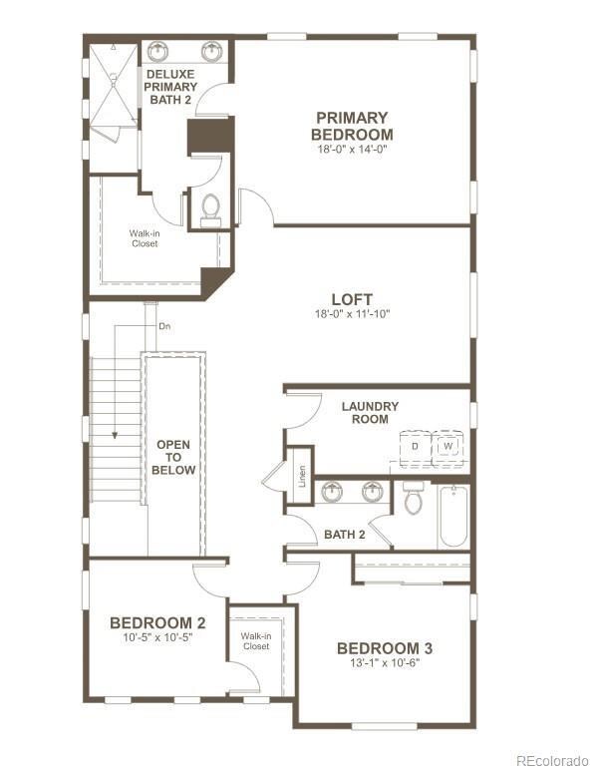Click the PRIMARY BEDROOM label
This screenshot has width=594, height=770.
click(x=351, y=126)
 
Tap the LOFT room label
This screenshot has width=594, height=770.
click(x=352, y=299)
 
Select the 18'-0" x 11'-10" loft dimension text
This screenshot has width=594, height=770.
click(x=352, y=314)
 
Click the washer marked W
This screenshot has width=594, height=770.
click(x=448, y=446)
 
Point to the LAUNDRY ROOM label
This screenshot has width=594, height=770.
click(x=370, y=413)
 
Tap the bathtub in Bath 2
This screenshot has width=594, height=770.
click(x=452, y=516)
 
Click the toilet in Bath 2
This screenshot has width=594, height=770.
click(x=413, y=499)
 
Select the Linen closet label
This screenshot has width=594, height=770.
click(x=299, y=476)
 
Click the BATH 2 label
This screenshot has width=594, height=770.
click(x=345, y=536)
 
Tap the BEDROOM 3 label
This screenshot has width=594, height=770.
click(x=384, y=647)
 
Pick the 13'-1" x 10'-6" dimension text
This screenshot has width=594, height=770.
click(x=384, y=662)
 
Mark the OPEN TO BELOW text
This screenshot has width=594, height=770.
click(x=173, y=457)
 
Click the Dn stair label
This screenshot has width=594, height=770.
click(x=163, y=326)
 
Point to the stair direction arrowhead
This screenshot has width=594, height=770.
click(x=115, y=435)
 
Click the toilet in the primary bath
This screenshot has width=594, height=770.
click(x=210, y=207)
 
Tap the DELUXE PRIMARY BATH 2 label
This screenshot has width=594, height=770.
click(x=169, y=87)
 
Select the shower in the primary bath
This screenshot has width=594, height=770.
click(x=111, y=86)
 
